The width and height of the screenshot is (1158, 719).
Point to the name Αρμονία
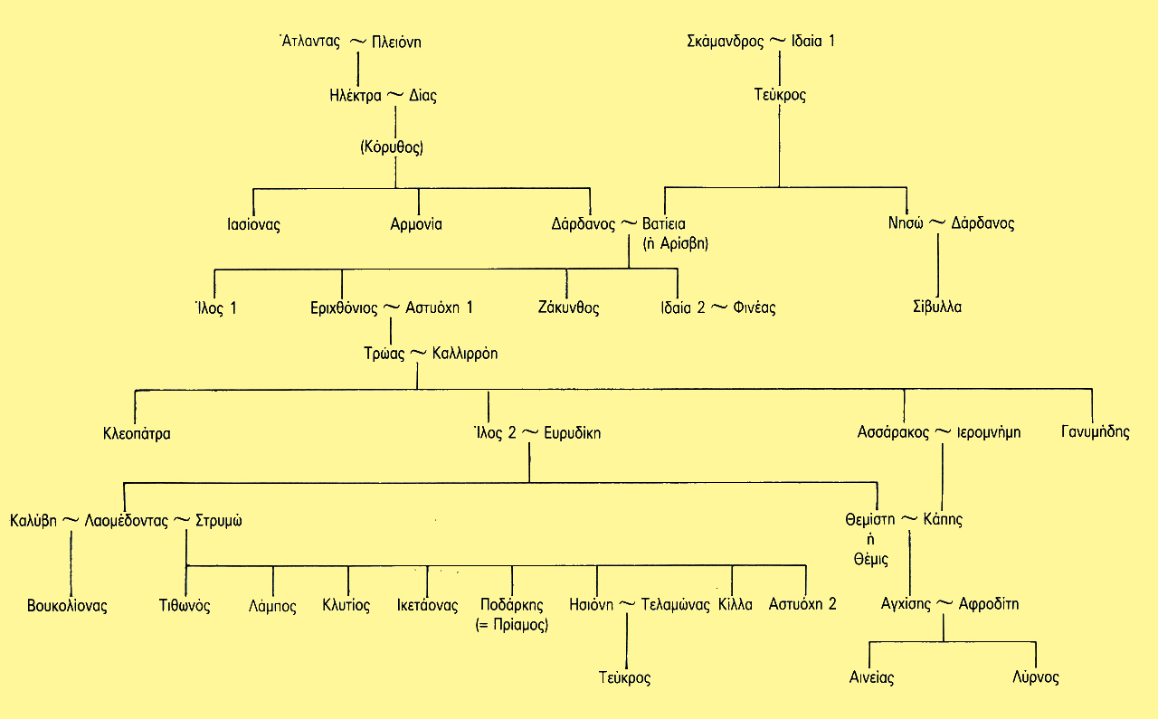tap(416, 224)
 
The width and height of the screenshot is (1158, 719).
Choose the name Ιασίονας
tap(253, 224)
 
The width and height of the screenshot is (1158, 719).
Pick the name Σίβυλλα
tap(936, 307)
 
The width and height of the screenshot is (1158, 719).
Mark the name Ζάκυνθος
tap(568, 307)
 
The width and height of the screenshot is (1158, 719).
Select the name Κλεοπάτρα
tap(137, 433)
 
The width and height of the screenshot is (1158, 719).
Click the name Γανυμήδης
tap(1096, 432)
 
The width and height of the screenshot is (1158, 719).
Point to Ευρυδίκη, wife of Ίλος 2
tap(573, 433)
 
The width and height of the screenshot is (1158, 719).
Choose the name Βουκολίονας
tap(67, 606)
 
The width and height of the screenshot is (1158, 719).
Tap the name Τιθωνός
tap(185, 606)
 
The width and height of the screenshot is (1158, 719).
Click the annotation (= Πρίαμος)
tap(511, 624)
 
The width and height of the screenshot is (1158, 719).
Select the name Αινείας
tap(872, 677)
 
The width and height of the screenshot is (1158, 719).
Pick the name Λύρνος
tap(1036, 677)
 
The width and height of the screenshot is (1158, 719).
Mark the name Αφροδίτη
tap(989, 604)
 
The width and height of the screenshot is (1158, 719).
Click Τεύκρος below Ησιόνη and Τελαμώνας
tap(624, 677)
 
